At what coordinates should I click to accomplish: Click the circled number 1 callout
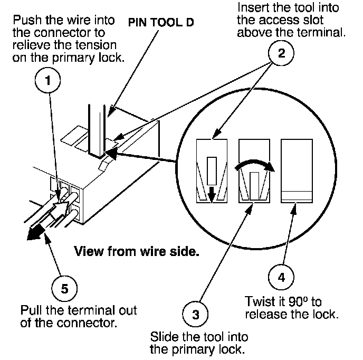pos(47,80)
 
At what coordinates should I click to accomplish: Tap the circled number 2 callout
pos(281,53)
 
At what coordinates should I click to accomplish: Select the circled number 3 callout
pos(195,314)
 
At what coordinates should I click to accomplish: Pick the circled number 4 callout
pos(281,277)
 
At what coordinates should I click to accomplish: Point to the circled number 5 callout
pos(64,288)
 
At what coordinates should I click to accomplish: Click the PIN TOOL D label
pos(161,23)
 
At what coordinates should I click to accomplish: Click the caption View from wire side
pos(137,251)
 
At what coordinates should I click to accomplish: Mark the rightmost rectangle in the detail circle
pos(297,171)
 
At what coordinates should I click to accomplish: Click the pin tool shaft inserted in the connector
pos(97,130)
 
